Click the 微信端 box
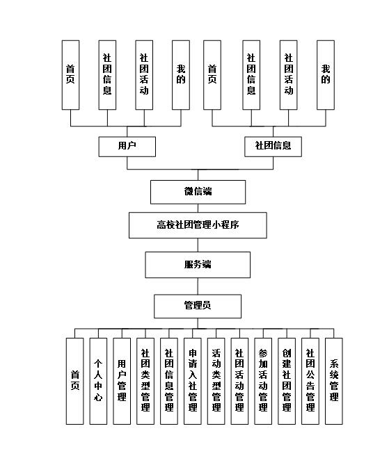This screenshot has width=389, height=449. coord(198,192)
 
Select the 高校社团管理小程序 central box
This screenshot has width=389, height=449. coord(198,225)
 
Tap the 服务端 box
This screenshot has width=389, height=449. coord(198,265)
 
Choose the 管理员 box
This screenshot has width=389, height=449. coord(198,306)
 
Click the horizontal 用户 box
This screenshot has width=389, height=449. coord(127,146)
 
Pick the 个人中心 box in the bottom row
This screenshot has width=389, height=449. coord(98,380)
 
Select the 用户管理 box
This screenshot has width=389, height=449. coord(122,380)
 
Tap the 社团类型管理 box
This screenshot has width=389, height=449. coord(145,380)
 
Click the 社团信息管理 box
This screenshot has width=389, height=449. coord(169,380)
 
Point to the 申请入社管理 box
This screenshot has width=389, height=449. coord(193,380)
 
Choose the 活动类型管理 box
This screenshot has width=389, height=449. coord(216,380)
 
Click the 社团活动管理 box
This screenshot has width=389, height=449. coord(239,380)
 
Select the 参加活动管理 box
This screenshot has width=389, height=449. coord(263,380)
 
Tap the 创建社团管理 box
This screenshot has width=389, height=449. coord(287,380)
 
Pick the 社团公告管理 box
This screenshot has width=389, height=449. coord(310,380)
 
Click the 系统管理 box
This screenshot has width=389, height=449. coord(334,380)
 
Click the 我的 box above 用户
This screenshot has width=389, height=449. coord(181,74)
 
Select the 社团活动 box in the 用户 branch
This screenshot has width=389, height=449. coord(144,74)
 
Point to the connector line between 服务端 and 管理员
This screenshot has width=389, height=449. coord(198,286)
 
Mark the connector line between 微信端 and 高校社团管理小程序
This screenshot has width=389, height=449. coord(198,208)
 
